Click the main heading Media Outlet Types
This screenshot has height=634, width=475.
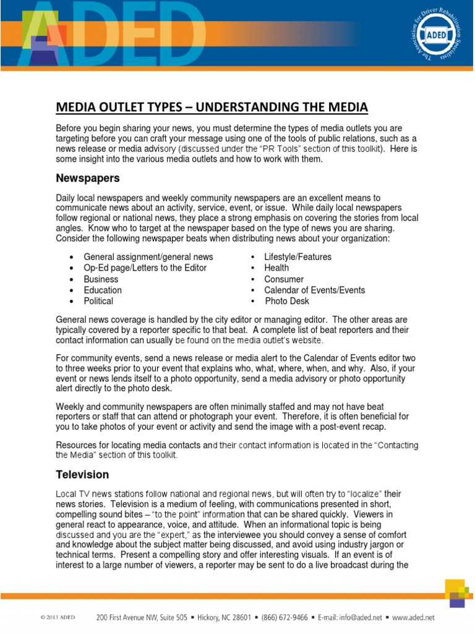point(212,108)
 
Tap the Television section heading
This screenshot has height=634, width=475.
point(82,475)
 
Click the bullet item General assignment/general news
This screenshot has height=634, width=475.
point(148,257)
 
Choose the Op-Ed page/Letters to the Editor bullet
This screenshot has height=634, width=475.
point(145,268)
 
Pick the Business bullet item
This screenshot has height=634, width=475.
point(101,279)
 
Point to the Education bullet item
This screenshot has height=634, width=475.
point(103,290)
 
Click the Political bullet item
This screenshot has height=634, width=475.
point(98,302)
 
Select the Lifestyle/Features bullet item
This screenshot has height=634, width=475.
point(297,257)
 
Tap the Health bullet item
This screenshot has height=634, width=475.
point(276,268)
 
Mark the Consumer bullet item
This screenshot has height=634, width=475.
point(284,279)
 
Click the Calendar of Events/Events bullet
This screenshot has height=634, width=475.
point(314,290)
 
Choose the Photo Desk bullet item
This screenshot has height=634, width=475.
point(287,302)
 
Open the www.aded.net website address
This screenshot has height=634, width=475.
point(414,617)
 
